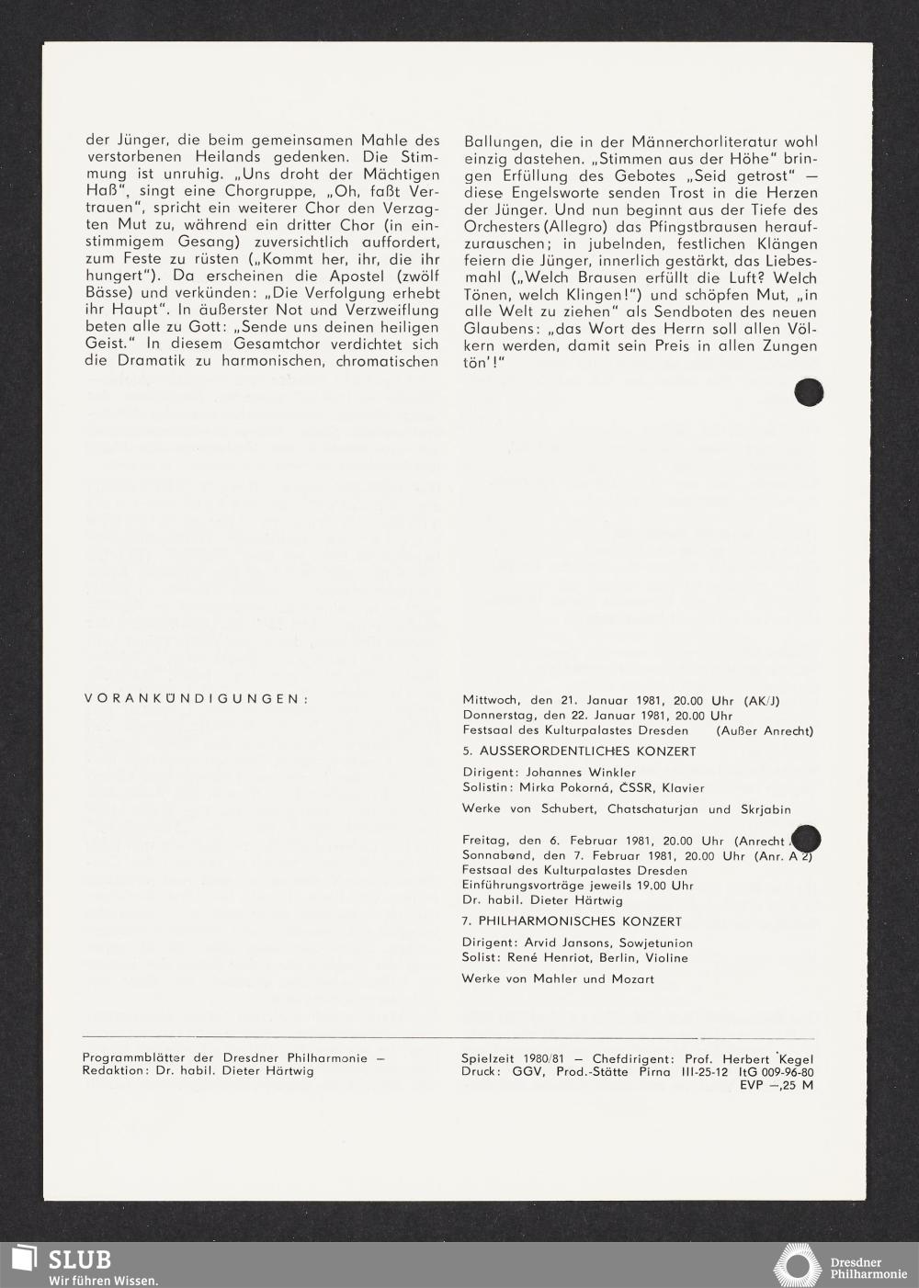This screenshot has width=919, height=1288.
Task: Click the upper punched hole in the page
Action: click(x=809, y=392)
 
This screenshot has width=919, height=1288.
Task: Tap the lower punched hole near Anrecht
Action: click(x=805, y=839)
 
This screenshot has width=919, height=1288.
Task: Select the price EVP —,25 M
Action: click(x=777, y=1085)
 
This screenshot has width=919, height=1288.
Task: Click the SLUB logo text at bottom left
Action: click(x=81, y=1260)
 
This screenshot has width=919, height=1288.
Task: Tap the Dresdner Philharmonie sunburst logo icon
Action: click(x=798, y=1266)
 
